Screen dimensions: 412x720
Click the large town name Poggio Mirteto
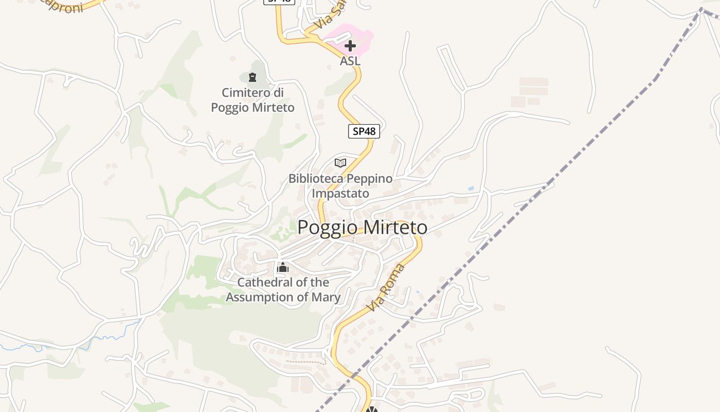coord(362,227)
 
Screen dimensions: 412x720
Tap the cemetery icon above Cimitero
coord(252,77)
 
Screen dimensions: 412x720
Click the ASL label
coord(350,61)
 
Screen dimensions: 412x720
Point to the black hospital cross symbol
coord(350,46)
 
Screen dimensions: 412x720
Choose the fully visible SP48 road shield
coord(364,131)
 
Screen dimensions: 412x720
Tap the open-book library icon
coord(340,163)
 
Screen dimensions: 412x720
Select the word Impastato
coord(340,194)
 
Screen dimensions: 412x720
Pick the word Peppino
coord(369,179)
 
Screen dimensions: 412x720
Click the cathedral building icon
coord(282,267)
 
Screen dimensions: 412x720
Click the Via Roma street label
coord(386,288)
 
